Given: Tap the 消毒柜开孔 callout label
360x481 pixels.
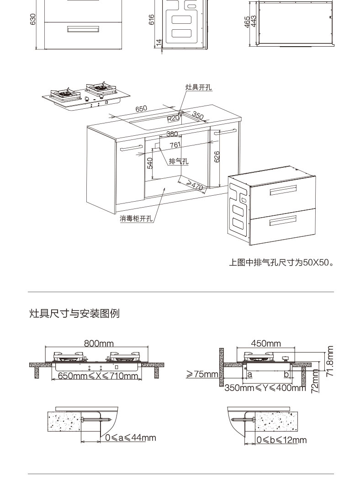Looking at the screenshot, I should click(x=136, y=218).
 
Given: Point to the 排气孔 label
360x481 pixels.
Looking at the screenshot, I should click(x=178, y=161).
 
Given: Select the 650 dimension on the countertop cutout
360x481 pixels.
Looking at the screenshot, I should click(x=141, y=109).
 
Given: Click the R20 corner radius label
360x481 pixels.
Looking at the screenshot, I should click(x=173, y=118).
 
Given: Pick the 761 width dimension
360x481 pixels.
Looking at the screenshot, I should click(x=175, y=145).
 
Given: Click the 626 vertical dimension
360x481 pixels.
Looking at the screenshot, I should click(x=217, y=156).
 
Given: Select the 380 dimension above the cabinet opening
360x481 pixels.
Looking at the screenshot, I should click(x=172, y=134).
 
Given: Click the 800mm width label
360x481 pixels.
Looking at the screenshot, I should click(x=99, y=343).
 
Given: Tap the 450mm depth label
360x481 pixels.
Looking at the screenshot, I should click(x=266, y=343).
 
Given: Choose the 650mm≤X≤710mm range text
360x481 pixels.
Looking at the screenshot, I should click(x=98, y=376).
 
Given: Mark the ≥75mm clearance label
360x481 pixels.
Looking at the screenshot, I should click(x=202, y=374).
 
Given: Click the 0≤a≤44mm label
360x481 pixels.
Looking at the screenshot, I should click(x=130, y=438).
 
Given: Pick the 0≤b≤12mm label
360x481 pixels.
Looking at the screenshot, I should click(x=281, y=440).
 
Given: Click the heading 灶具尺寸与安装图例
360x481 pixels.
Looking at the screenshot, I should click(x=74, y=314).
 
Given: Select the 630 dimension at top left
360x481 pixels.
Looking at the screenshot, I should click(x=32, y=20).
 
